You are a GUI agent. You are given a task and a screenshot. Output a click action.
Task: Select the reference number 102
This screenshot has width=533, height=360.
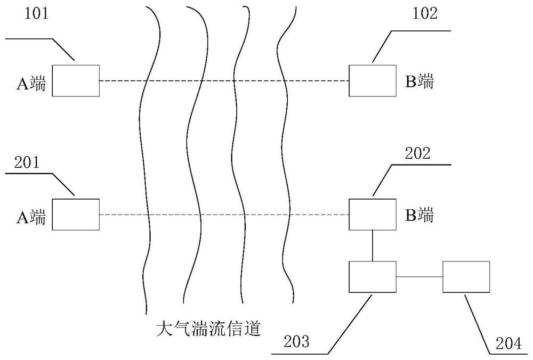pos(425,13)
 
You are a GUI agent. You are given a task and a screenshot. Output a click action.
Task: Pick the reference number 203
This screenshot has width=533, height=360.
pos(296,341)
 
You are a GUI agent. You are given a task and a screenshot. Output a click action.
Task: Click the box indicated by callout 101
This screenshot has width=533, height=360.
pos(75,80)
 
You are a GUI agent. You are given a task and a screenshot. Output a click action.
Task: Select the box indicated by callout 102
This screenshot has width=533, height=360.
pos(373,80)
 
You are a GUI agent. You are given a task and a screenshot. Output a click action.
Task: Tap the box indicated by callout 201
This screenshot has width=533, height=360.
pos(75,215)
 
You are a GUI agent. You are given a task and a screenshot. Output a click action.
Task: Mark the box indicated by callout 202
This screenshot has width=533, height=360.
pos(373,215)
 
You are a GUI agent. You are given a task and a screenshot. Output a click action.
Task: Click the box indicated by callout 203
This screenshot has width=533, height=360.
pos(373,277)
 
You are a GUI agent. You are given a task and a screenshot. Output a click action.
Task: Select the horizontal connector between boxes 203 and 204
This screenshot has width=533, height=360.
pos(419,277)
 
